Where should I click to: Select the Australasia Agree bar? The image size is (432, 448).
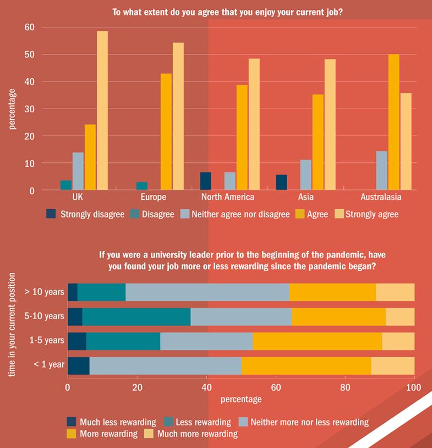393,122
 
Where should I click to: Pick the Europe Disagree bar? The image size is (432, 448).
141,186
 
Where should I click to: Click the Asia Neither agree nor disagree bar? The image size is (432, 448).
305,175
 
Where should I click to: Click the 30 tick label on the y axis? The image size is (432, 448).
30,109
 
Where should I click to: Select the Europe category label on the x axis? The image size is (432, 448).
153,197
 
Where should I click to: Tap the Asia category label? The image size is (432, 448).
305,197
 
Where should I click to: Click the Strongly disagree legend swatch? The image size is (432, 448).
51,214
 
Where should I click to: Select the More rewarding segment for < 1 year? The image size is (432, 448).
306,365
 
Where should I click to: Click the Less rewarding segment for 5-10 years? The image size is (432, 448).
136,317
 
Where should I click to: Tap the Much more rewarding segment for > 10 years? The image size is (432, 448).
395,292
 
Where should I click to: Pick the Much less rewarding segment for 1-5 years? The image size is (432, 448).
77,341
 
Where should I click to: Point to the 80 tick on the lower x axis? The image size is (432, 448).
345,387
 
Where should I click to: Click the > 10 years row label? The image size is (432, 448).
45,292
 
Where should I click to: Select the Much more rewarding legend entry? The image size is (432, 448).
191,434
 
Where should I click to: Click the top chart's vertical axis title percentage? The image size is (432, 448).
12,108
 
